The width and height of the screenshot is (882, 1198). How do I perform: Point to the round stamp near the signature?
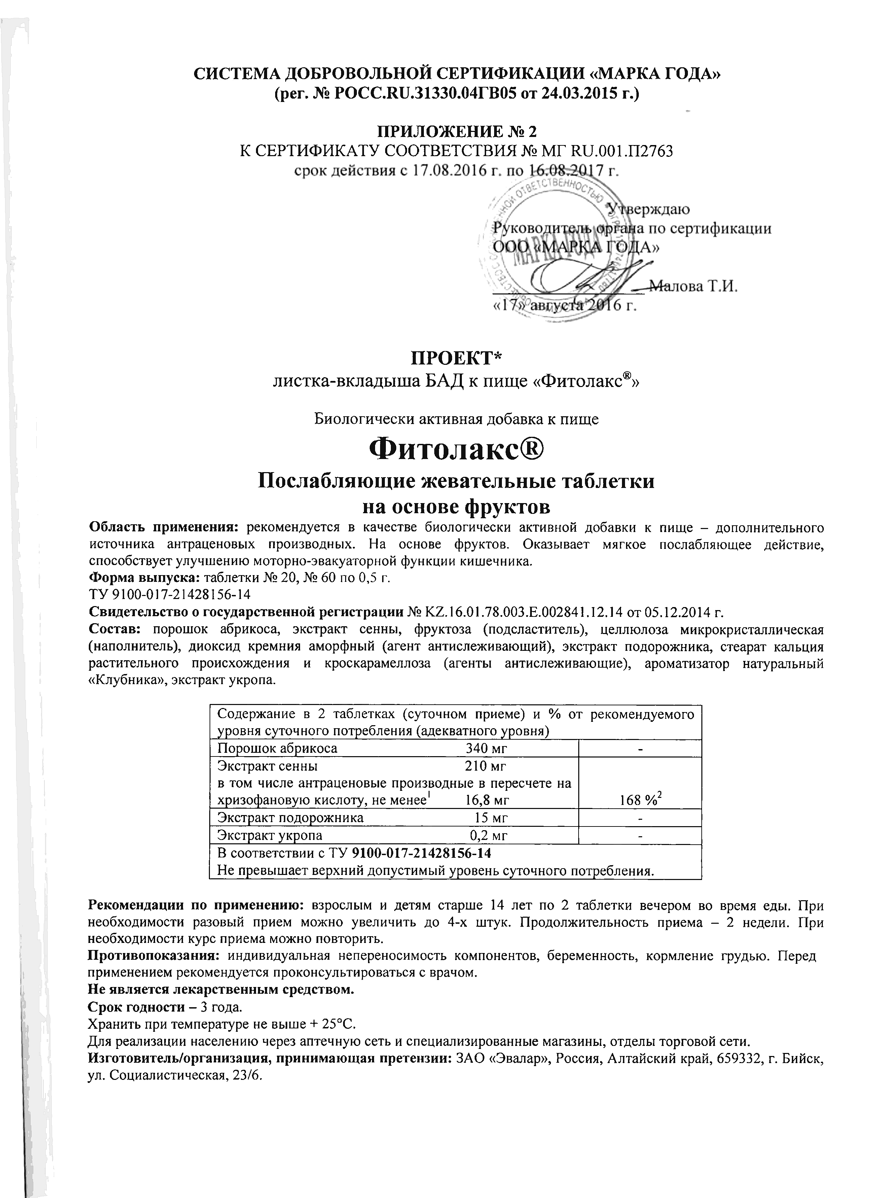(x=555, y=246)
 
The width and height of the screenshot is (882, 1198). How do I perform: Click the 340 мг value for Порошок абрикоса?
(x=486, y=748)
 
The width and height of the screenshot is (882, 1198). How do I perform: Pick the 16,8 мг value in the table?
(x=487, y=800)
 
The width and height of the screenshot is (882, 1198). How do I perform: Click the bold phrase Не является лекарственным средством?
(x=221, y=989)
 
